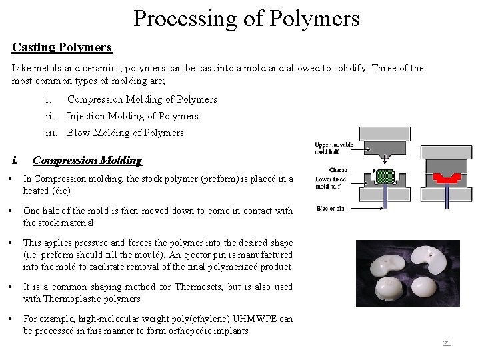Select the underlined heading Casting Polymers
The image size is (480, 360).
tap(62, 48)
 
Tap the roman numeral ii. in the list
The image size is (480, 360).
tap(50, 116)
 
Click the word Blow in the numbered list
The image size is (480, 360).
tap(79, 133)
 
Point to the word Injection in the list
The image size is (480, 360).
tap(87, 116)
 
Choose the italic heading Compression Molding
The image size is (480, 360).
tap(87, 160)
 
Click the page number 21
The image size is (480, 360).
tap(447, 343)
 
